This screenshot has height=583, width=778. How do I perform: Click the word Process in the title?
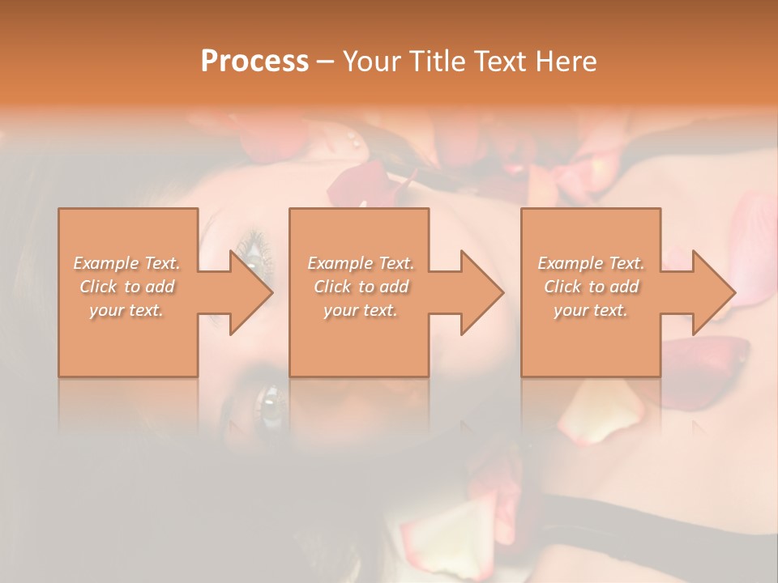[254, 62]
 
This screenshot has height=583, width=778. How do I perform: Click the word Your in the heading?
[373, 62]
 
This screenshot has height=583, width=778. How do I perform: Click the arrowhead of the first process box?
[250, 293]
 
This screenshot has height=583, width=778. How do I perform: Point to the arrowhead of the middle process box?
[481, 293]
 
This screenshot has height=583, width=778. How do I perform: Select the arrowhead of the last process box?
[712, 293]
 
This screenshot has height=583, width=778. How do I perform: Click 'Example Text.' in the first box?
[127, 263]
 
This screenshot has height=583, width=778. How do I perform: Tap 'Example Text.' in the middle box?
[360, 263]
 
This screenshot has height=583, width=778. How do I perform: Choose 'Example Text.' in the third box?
[591, 263]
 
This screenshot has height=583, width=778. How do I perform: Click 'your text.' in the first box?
[127, 310]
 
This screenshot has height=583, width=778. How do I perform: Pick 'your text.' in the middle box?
[360, 310]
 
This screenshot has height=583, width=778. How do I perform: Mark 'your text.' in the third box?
[591, 310]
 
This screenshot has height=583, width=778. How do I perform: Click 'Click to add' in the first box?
[127, 287]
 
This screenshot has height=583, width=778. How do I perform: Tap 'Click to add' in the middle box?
[360, 287]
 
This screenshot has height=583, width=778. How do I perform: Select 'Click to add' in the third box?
[591, 287]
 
